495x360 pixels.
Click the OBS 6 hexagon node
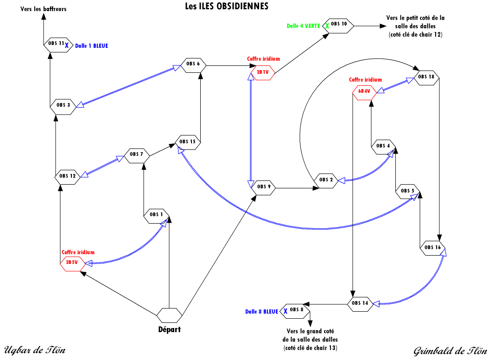click(x=193, y=65)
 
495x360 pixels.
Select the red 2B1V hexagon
click(x=262, y=73)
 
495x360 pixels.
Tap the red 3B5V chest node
click(x=73, y=264)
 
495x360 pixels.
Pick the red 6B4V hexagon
click(x=365, y=92)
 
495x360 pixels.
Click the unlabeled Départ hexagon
click(x=170, y=315)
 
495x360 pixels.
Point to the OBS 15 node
click(x=188, y=142)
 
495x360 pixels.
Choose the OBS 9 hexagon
click(x=263, y=188)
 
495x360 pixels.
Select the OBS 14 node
click(x=360, y=304)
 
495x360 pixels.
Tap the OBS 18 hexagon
click(x=426, y=78)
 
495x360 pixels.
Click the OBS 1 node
click(x=157, y=216)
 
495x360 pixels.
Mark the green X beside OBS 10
click(x=327, y=26)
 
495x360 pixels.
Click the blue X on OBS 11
click(x=67, y=46)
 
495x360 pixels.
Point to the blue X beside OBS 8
click(x=286, y=311)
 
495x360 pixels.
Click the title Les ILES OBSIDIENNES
click(x=227, y=6)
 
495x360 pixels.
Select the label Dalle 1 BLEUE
click(x=92, y=46)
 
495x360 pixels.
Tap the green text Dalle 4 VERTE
click(x=304, y=26)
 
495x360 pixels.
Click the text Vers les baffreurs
click(x=44, y=9)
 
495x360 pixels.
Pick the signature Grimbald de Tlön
click(x=451, y=351)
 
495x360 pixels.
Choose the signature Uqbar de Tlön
click(x=35, y=350)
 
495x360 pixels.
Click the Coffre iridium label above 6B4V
click(x=365, y=80)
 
